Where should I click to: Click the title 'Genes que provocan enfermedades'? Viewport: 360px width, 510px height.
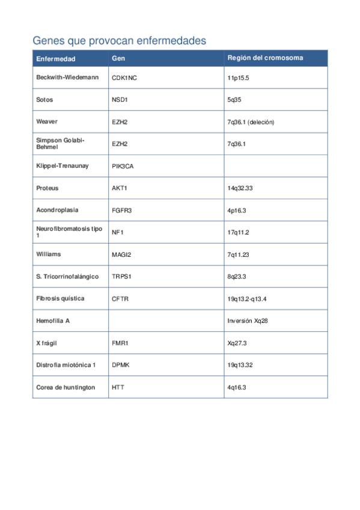tap(119, 40)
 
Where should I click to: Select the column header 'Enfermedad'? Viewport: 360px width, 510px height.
tap(56, 58)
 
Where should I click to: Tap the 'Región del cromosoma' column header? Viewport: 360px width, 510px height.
tap(265, 58)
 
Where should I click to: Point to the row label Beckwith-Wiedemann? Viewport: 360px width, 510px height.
tap(67, 78)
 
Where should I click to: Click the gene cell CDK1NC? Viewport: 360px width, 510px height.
tap(128, 78)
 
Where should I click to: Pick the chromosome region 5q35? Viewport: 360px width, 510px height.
tap(234, 100)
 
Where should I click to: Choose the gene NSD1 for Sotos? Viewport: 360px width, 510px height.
tap(120, 100)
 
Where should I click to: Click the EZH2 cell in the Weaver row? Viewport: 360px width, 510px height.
tap(120, 122)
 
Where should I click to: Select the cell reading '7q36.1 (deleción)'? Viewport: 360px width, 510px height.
tap(251, 122)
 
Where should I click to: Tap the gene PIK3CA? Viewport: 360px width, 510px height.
tap(123, 166)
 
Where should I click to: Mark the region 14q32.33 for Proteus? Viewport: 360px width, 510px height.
tap(240, 188)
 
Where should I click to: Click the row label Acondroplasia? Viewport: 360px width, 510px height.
tap(57, 210)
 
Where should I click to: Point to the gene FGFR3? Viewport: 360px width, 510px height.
tap(121, 210)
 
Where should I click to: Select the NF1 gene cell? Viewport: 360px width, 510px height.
tap(118, 232)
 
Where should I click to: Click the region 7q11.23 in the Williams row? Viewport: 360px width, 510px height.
tap(238, 254)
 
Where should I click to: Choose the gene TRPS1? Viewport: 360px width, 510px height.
tap(121, 277)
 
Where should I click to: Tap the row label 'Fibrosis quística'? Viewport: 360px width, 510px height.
tap(60, 298)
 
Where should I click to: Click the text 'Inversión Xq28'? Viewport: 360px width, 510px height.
tap(248, 321)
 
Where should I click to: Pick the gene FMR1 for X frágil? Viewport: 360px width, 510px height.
tap(120, 343)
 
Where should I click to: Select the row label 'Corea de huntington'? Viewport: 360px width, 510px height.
tap(66, 387)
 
